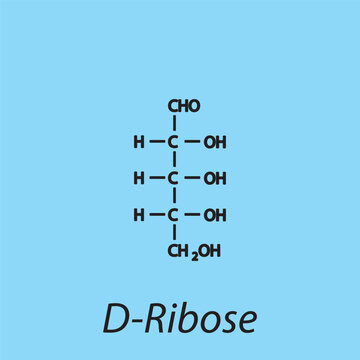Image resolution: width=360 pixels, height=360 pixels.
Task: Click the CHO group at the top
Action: point(184,106)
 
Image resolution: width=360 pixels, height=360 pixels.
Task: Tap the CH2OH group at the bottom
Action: point(193,251)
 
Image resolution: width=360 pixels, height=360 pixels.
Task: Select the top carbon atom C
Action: point(173,143)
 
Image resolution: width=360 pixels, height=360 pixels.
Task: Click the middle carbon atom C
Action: point(173,179)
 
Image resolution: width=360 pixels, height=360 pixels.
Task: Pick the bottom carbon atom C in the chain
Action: point(173,215)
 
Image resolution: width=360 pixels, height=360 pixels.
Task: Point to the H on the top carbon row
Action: point(139,143)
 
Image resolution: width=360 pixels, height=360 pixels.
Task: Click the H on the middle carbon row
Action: point(139,179)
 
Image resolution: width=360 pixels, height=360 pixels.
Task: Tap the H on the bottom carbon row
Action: point(139,215)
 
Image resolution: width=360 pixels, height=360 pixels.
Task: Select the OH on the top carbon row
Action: point(214,143)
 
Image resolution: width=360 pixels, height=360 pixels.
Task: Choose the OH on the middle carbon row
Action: point(214,179)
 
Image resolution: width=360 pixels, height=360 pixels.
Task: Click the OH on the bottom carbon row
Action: point(214,215)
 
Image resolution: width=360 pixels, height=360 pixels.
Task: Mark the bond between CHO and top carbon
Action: point(173,124)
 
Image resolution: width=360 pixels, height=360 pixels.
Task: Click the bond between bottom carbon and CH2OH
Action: point(173,233)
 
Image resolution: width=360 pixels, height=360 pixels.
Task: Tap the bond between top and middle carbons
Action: point(173,161)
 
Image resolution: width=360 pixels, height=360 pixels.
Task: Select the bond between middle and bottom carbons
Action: point(173,197)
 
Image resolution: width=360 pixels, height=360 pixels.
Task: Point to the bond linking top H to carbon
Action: point(156,143)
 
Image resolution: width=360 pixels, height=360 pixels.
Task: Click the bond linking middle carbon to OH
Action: point(192,179)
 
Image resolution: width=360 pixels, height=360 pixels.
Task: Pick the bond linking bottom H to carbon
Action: point(156,215)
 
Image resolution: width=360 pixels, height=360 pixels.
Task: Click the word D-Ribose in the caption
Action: point(180,317)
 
